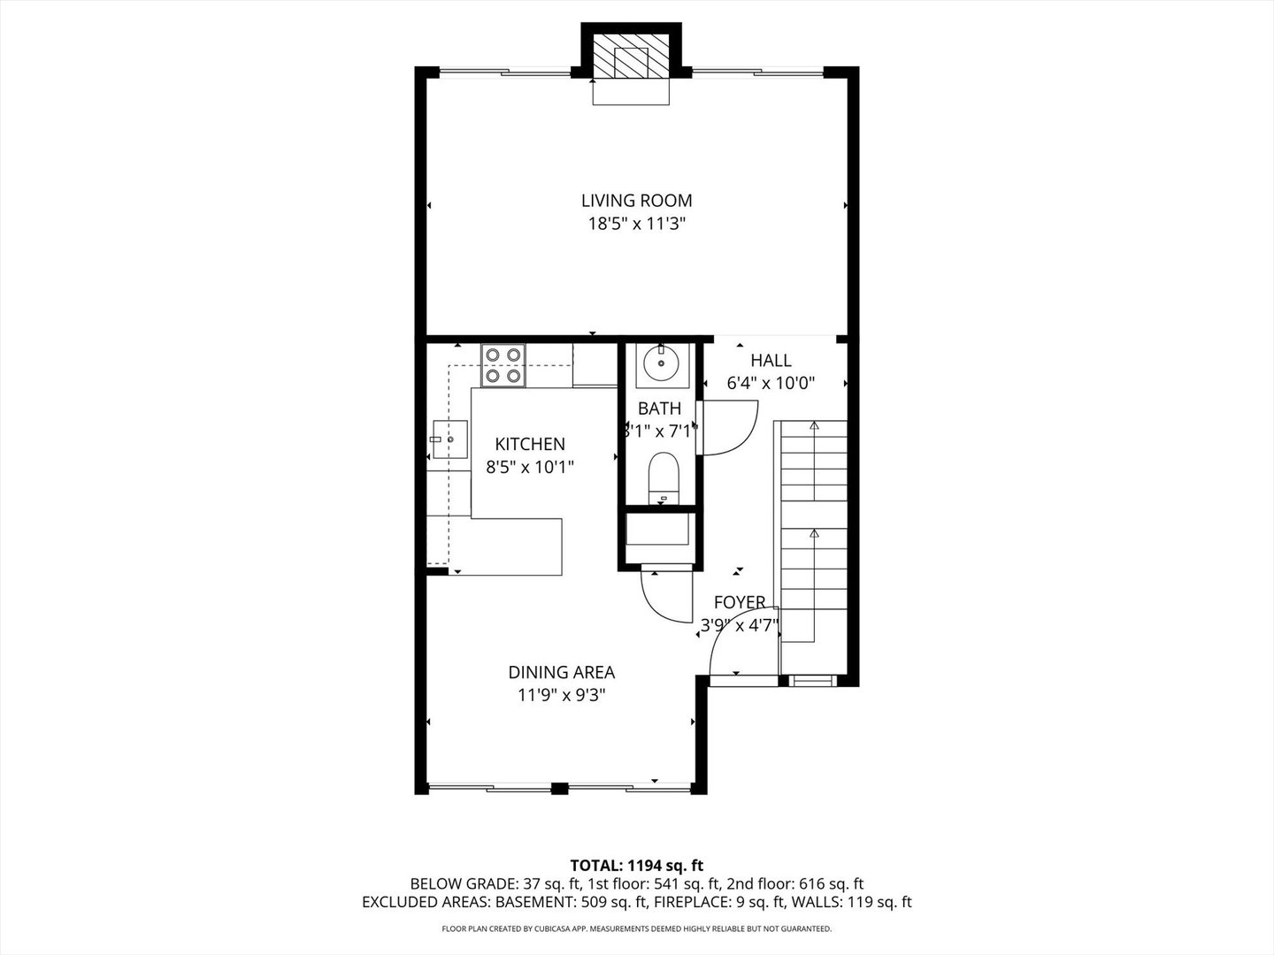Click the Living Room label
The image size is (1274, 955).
click(636, 201)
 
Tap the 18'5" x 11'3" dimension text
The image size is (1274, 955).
click(636, 225)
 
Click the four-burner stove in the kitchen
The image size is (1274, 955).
click(503, 364)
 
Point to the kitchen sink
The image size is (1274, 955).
click(449, 439)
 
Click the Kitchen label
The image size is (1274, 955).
click(529, 444)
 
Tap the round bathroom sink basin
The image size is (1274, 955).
click(660, 363)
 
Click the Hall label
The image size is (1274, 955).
click(771, 360)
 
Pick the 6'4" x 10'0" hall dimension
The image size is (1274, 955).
click(771, 383)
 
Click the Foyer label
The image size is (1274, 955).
click(740, 602)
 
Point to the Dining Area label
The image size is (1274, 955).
click(561, 672)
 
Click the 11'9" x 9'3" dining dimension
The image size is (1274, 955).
click(561, 695)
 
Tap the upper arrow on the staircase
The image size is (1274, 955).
click(814, 426)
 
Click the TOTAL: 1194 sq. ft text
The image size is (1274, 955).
click(636, 865)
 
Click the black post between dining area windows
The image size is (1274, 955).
click(559, 789)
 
